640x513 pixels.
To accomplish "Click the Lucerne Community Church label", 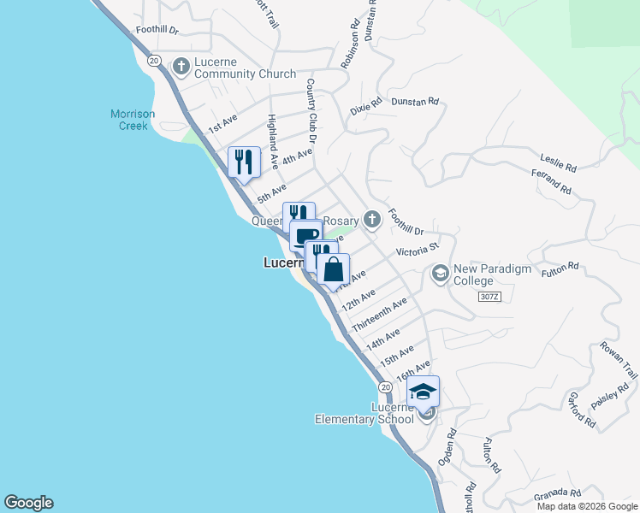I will pyautogui.click(x=245, y=68).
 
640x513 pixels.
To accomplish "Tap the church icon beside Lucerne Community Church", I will pyautogui.click(x=181, y=65).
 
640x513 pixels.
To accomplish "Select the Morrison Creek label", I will pyautogui.click(x=129, y=120).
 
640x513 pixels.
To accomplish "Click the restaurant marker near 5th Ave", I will pyautogui.click(x=244, y=162).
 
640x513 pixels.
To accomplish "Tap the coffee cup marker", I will pyautogui.click(x=305, y=235).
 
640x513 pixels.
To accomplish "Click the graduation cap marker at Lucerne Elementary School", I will pyautogui.click(x=423, y=392).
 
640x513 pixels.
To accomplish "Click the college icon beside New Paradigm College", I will pyautogui.click(x=441, y=274).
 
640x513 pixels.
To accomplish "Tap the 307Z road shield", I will pyautogui.click(x=489, y=296).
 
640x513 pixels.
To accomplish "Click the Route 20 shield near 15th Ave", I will pyautogui.click(x=386, y=387).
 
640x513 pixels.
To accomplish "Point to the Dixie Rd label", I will pyautogui.click(x=365, y=109).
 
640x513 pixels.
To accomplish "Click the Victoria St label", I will pyautogui.click(x=417, y=250).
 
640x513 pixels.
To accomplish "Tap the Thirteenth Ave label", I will pyautogui.click(x=379, y=315).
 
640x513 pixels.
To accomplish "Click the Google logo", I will pyautogui.click(x=28, y=503).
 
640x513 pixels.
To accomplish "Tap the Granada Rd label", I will pyautogui.click(x=558, y=494).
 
